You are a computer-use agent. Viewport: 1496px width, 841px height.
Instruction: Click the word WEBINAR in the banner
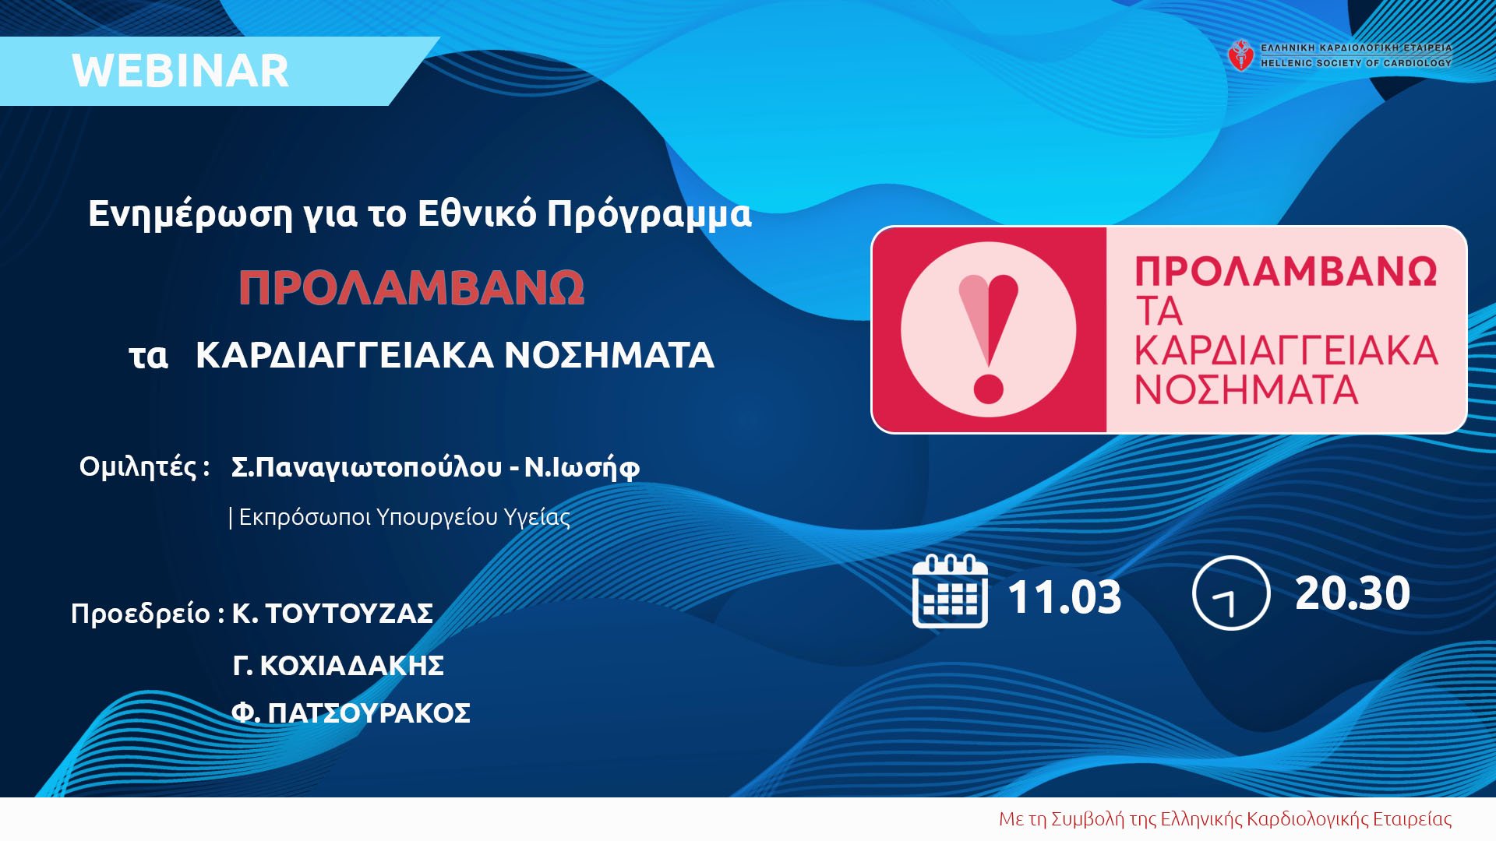coord(180,71)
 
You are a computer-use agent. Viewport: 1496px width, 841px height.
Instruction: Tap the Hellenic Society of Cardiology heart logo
coord(1240,55)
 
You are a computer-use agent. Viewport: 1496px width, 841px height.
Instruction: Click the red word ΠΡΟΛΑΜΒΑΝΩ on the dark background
coord(411,288)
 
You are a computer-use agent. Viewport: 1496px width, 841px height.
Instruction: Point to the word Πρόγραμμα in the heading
coord(649,215)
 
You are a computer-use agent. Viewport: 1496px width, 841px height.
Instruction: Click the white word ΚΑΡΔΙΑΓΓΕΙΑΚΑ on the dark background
coord(344,355)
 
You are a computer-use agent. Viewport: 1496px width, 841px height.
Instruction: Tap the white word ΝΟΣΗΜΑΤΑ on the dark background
coord(609,355)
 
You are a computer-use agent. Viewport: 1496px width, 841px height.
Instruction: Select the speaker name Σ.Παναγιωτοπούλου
coord(366,467)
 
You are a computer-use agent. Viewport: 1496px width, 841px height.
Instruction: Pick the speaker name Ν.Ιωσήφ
coord(582,467)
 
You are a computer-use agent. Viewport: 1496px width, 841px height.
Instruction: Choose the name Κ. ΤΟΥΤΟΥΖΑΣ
coord(333,614)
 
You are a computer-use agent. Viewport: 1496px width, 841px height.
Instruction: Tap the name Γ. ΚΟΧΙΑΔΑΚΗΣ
coord(338,666)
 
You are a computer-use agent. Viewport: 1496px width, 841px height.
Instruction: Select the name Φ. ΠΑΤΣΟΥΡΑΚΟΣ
coord(351,713)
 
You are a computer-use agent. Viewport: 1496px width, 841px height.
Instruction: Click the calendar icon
coord(950,592)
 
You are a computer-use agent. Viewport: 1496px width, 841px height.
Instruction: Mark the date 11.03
coord(1064,596)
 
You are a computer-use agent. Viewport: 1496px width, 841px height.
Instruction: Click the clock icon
coord(1231,593)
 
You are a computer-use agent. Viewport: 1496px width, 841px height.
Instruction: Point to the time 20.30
coord(1353,593)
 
